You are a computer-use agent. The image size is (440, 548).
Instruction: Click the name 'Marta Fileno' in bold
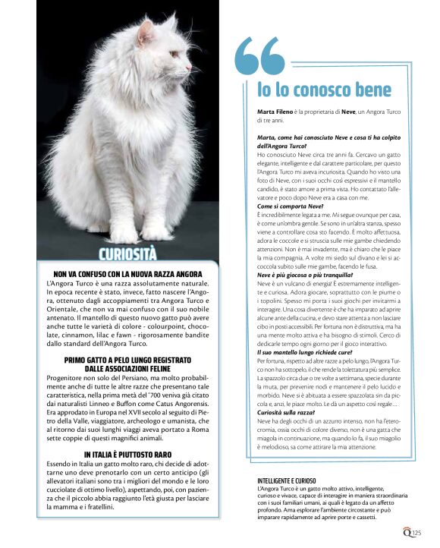coord(275,112)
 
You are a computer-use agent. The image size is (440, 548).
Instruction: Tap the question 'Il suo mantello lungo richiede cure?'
coord(299,354)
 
